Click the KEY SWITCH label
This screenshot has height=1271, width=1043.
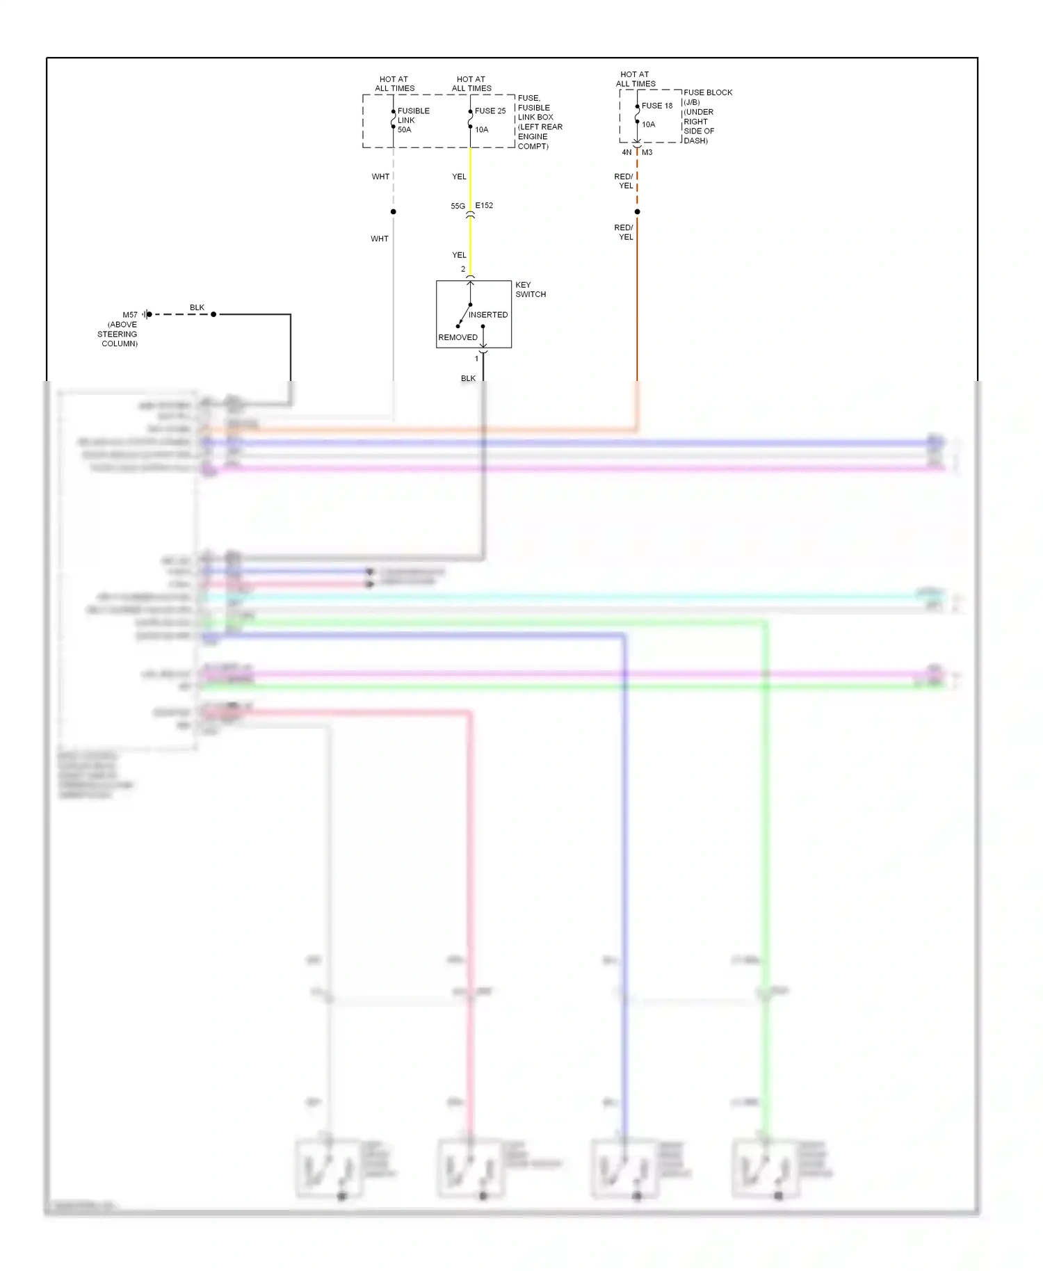[x=531, y=289]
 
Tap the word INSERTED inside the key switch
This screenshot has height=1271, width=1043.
[x=487, y=315]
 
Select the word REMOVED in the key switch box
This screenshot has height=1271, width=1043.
[x=458, y=337]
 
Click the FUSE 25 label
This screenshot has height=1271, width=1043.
[x=490, y=111]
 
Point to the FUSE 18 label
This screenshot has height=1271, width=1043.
[x=657, y=106]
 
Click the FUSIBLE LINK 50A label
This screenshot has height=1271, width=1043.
[x=413, y=120]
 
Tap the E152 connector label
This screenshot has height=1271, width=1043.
[x=485, y=206]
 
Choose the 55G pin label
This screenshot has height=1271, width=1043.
[x=458, y=207]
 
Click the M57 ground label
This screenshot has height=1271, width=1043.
[x=130, y=315]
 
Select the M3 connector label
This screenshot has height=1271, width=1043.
[x=647, y=152]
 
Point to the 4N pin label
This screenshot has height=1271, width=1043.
[x=626, y=152]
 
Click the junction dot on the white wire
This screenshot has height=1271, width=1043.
[x=394, y=212]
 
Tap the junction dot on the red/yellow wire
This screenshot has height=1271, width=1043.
[x=637, y=212]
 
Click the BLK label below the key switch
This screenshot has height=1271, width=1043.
[x=468, y=379]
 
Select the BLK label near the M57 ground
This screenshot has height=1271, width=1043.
[x=197, y=307]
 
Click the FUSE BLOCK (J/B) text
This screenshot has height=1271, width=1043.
[x=707, y=97]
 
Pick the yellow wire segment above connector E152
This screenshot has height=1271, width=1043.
[x=470, y=177]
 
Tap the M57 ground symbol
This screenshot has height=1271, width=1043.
[x=147, y=314]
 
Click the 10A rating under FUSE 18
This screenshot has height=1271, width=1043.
[x=648, y=125]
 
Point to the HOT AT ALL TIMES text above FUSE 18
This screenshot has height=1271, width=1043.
[x=635, y=79]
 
